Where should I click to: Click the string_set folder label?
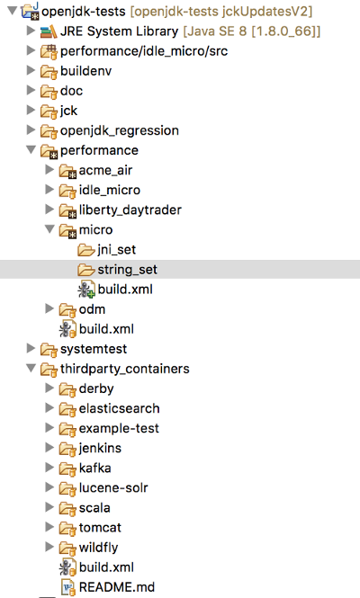click(127, 270)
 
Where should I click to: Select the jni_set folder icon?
click(85, 250)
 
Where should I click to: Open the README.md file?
click(117, 587)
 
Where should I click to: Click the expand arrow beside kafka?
click(49, 468)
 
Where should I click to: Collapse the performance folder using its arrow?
click(31, 149)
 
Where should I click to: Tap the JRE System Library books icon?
click(49, 31)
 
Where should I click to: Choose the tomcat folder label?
click(100, 528)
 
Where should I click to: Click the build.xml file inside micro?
click(125, 290)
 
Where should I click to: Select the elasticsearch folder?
click(119, 408)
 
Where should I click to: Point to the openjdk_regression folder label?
click(120, 130)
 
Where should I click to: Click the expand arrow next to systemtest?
click(31, 348)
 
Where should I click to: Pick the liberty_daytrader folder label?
click(130, 210)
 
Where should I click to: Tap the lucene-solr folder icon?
click(67, 488)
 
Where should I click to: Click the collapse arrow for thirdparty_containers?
click(31, 368)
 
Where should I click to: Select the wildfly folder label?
click(98, 548)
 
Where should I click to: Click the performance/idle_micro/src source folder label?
click(144, 51)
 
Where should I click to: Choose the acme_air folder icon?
click(67, 171)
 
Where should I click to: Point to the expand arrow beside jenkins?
click(49, 448)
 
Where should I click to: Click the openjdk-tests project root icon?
click(31, 11)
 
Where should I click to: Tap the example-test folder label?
click(119, 428)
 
